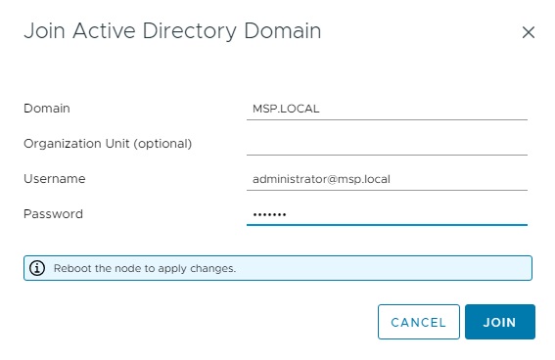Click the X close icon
[529, 32]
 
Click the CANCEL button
[419, 322]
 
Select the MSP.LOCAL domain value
[286, 109]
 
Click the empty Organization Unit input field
[387, 145]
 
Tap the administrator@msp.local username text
[321, 179]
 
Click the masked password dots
[269, 214]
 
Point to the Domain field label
[47, 109]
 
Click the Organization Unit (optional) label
[108, 144]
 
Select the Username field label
[55, 179]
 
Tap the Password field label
[53, 214]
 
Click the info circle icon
[37, 268]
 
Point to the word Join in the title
[45, 31]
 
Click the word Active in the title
[104, 30]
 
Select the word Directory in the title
[189, 31]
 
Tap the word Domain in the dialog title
[283, 30]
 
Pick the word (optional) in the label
[162, 144]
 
